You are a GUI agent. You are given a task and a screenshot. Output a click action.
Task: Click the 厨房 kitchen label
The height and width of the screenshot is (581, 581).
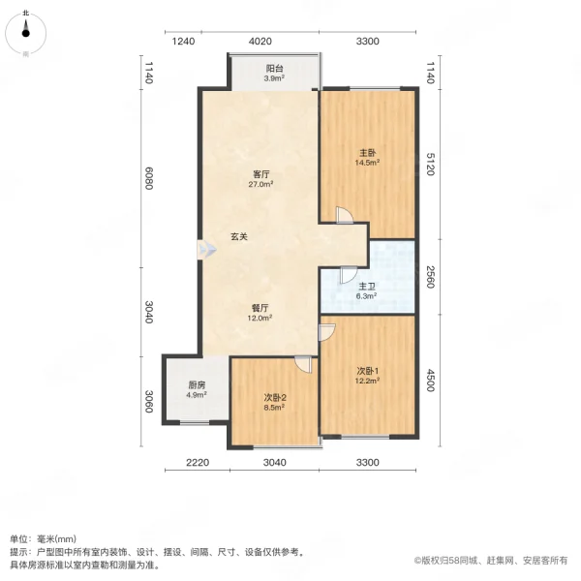[197, 389]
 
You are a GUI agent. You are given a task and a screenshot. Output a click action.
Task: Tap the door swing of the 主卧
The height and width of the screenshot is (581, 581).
[343, 216]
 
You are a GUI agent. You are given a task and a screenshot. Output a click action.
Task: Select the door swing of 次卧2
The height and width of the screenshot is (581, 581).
[304, 365]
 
